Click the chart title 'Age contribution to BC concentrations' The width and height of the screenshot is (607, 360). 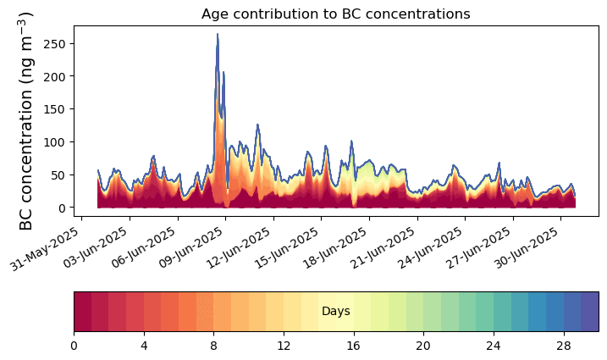point(335,14)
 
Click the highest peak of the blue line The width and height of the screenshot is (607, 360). point(218,34)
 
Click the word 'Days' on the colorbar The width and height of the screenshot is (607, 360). point(336,312)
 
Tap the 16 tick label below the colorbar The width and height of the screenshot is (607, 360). point(354,346)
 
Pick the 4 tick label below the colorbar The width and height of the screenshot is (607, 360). point(144,346)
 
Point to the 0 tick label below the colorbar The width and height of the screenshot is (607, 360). point(74,346)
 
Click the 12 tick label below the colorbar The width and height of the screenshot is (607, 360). point(284,346)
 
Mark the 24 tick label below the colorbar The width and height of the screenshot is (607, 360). point(494,346)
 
